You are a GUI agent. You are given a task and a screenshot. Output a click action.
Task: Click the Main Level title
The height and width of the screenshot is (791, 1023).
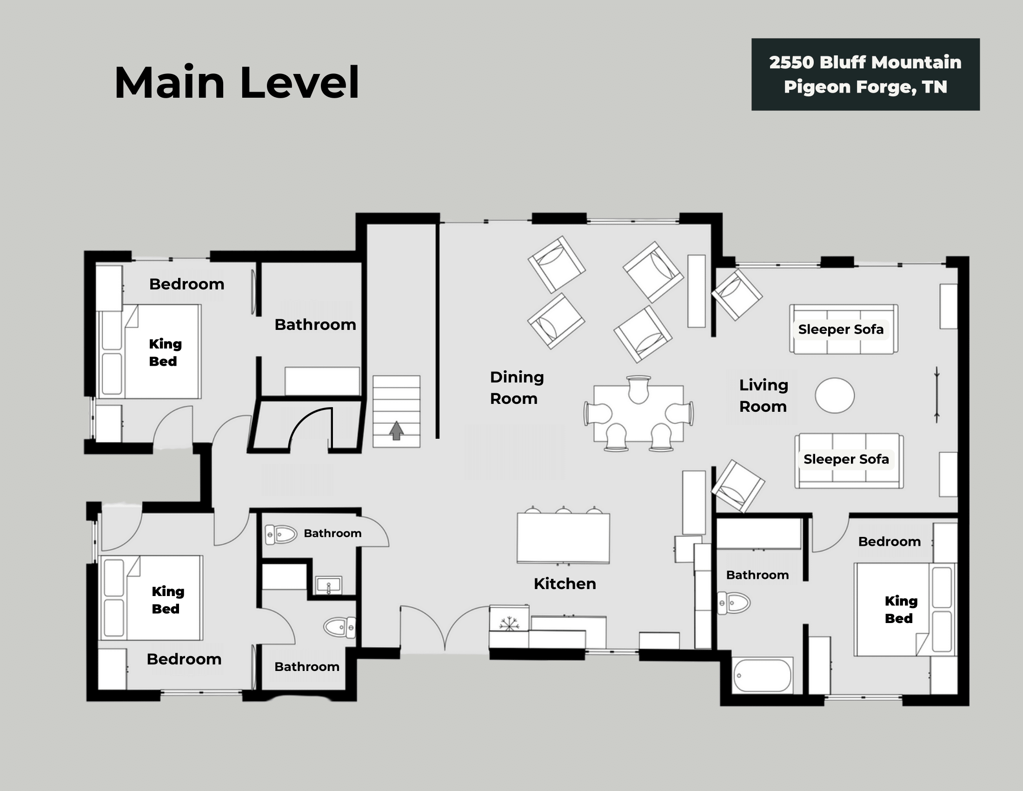pos(237,83)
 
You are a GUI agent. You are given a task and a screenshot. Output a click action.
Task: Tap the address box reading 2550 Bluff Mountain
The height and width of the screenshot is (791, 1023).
pos(865,74)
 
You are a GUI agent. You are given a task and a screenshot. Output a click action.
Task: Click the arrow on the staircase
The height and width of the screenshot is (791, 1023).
pos(396,430)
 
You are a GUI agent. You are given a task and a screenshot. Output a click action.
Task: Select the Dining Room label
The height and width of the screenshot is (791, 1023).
pos(516,388)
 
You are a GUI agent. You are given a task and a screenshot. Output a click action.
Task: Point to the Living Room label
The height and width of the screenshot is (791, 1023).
pos(763,395)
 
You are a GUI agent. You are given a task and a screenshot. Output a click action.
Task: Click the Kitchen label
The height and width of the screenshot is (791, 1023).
pos(565,584)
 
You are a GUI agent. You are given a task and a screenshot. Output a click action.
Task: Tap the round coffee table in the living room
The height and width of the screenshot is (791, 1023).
pos(834,395)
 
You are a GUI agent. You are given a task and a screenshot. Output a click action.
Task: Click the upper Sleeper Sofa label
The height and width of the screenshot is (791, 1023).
pos(840,329)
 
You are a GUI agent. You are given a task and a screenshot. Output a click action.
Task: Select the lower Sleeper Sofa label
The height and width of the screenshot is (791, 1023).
pos(846,459)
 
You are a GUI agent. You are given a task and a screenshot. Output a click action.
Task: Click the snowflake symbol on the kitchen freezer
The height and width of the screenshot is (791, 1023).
pos(509,623)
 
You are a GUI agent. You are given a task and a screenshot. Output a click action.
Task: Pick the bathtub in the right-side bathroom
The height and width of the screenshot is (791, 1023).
pos(762,676)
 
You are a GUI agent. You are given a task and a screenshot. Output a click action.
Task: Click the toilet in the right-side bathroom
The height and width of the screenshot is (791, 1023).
pos(734,603)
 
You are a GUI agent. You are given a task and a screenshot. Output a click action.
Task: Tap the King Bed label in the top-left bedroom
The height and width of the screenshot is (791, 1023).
pos(165,352)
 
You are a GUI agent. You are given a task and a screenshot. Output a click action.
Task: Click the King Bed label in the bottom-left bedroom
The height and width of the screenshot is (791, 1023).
pos(167,600)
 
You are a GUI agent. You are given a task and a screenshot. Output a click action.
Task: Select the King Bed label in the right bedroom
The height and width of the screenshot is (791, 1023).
pos(900,609)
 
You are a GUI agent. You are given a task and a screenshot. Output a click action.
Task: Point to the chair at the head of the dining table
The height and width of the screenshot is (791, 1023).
pos(638,389)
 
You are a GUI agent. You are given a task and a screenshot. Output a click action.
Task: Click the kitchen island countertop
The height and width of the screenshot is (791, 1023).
pos(563,537)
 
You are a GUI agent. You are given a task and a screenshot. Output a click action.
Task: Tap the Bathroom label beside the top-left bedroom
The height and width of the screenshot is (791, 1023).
pos(315,325)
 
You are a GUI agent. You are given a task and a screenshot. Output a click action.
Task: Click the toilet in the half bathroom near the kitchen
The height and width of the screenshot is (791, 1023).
pos(281,534)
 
